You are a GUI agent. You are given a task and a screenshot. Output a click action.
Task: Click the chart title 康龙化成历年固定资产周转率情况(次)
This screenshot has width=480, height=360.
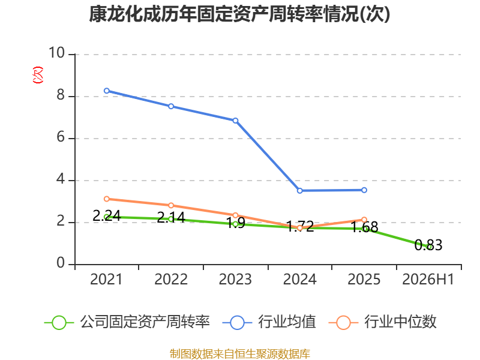click(239, 14)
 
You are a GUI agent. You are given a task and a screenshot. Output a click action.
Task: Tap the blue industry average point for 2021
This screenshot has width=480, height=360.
click(107, 91)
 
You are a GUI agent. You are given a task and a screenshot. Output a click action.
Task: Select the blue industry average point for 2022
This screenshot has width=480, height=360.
click(171, 106)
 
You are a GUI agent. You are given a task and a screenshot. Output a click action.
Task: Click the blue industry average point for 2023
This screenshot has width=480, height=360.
click(235, 121)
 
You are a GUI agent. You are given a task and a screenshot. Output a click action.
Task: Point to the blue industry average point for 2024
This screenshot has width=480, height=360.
click(299, 191)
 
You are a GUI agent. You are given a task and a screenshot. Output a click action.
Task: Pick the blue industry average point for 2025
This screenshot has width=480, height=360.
click(364, 190)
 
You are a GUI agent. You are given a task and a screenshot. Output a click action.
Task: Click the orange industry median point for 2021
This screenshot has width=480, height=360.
click(107, 199)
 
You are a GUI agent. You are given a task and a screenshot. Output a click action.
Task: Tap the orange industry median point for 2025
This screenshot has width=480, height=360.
click(364, 220)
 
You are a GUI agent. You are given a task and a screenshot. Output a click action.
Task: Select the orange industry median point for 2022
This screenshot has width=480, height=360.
click(171, 205)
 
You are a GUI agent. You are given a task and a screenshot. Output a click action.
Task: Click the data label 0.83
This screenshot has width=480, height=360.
click(428, 245)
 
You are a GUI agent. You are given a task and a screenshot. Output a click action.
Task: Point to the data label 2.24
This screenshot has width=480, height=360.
click(107, 216)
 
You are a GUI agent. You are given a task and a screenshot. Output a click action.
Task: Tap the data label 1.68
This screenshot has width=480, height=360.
click(364, 227)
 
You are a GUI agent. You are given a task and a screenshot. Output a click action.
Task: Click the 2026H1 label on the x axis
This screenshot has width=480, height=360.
click(428, 280)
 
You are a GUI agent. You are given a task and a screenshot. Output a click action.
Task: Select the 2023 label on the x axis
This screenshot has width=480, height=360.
click(235, 280)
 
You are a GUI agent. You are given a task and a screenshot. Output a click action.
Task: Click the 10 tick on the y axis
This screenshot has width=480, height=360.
click(57, 53)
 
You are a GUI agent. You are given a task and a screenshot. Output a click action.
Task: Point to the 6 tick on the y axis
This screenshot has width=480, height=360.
click(61, 137)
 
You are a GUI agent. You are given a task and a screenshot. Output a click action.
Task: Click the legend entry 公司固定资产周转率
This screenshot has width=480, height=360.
click(127, 322)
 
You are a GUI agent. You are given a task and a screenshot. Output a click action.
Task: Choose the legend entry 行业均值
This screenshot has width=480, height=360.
click(269, 322)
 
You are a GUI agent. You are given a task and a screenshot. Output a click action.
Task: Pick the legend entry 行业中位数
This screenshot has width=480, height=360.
click(382, 322)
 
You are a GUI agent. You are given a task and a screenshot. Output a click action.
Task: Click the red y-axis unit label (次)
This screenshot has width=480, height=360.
click(38, 74)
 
